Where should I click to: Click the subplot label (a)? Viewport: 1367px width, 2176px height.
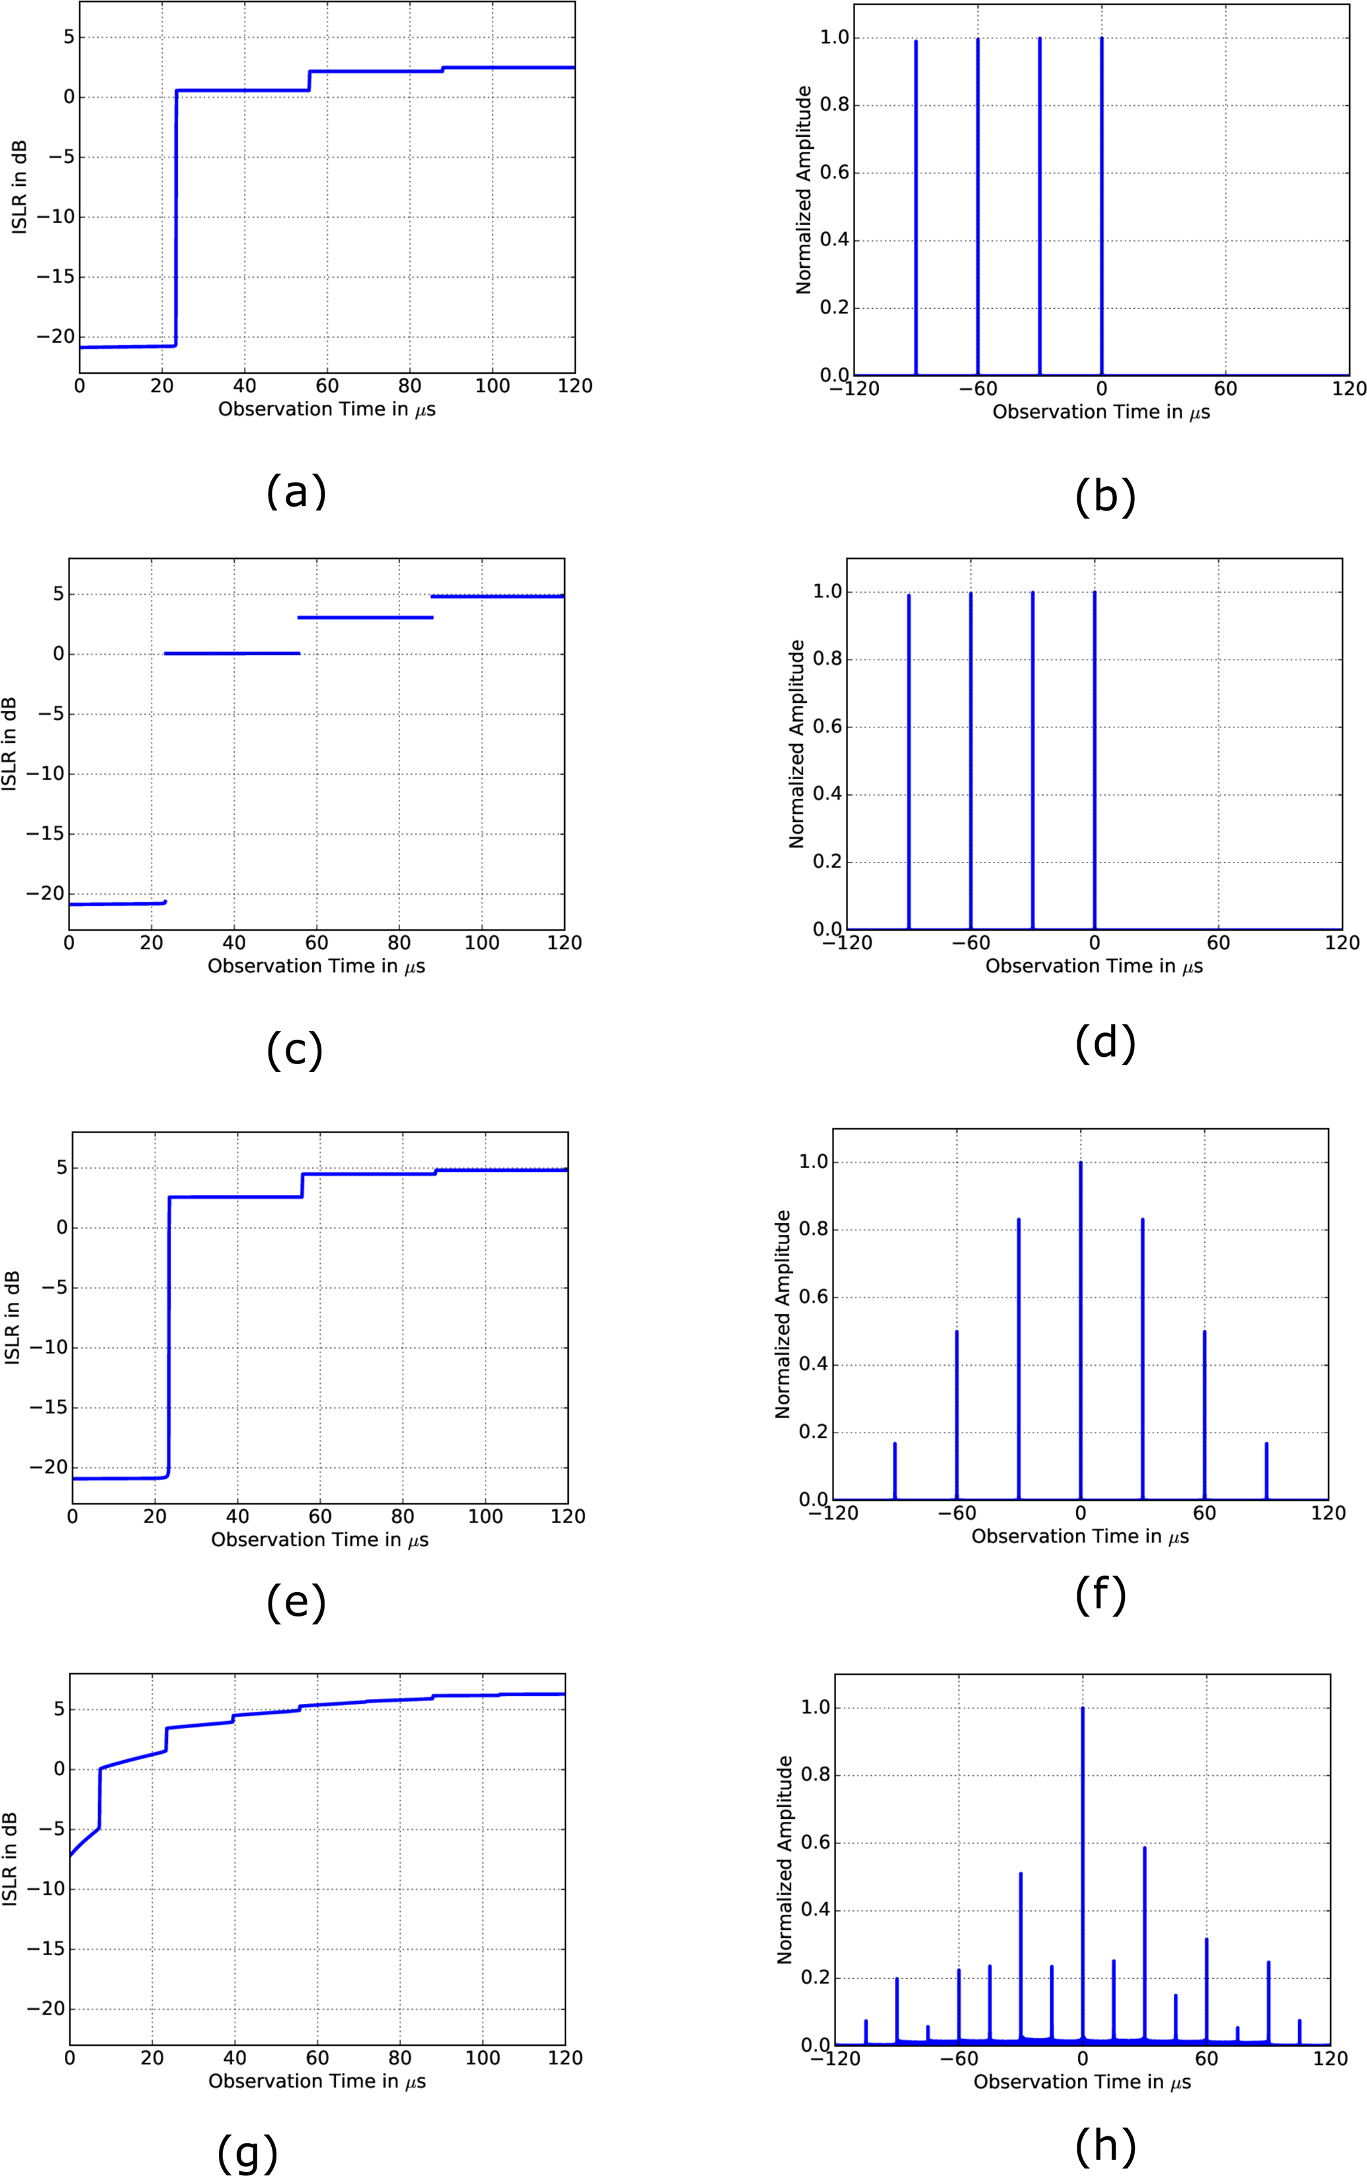(296, 493)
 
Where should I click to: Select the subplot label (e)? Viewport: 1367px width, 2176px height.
(296, 1602)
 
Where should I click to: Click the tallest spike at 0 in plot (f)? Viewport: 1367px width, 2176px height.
(1081, 1310)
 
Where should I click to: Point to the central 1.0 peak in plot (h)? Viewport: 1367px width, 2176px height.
(1083, 1853)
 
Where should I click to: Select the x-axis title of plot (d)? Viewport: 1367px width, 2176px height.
(1093, 966)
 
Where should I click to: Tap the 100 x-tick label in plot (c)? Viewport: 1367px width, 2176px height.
(481, 942)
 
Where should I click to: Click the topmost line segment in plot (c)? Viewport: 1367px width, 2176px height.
(497, 597)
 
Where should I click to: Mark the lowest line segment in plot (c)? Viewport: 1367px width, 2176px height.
(116, 903)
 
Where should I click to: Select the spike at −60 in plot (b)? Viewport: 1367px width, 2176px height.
(977, 208)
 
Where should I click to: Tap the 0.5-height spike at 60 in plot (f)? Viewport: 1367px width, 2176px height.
(1204, 1419)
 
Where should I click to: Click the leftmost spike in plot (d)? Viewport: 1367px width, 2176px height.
(909, 759)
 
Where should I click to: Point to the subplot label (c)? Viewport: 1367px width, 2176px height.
(294, 1049)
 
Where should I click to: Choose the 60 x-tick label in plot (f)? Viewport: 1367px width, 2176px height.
(1204, 1514)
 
